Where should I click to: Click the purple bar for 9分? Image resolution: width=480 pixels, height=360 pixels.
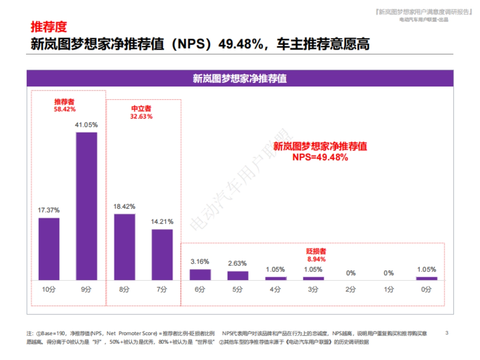(x=86, y=206)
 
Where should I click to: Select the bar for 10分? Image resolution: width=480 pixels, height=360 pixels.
(x=49, y=249)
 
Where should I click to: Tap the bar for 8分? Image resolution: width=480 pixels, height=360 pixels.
(x=124, y=247)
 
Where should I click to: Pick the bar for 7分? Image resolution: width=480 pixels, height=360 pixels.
(x=162, y=254)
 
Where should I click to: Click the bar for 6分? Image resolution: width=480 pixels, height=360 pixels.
(x=200, y=274)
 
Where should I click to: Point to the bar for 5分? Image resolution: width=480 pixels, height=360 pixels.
(x=238, y=275)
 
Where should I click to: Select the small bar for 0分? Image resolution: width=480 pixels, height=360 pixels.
(x=426, y=278)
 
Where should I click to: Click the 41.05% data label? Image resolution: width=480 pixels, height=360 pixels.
(x=86, y=125)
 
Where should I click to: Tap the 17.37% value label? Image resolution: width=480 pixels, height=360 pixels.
(x=49, y=210)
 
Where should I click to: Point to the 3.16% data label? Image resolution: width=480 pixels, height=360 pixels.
(x=200, y=262)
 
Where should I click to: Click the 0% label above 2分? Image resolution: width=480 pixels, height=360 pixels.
(x=351, y=273)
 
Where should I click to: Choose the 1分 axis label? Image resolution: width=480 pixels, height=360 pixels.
(x=388, y=290)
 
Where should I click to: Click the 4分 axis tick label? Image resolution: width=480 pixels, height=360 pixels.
(x=275, y=290)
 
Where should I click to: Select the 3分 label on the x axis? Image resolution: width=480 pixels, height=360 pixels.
(x=313, y=290)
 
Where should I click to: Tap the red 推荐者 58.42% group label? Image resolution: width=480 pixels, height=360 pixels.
(x=65, y=105)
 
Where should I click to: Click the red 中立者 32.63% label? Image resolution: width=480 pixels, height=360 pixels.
(x=141, y=112)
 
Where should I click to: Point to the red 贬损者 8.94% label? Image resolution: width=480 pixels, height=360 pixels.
(x=316, y=255)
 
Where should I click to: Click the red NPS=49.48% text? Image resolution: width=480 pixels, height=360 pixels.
(x=320, y=157)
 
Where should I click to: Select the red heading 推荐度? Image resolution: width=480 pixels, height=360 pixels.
(x=48, y=27)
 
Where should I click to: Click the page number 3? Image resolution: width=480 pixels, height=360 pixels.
(x=447, y=333)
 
